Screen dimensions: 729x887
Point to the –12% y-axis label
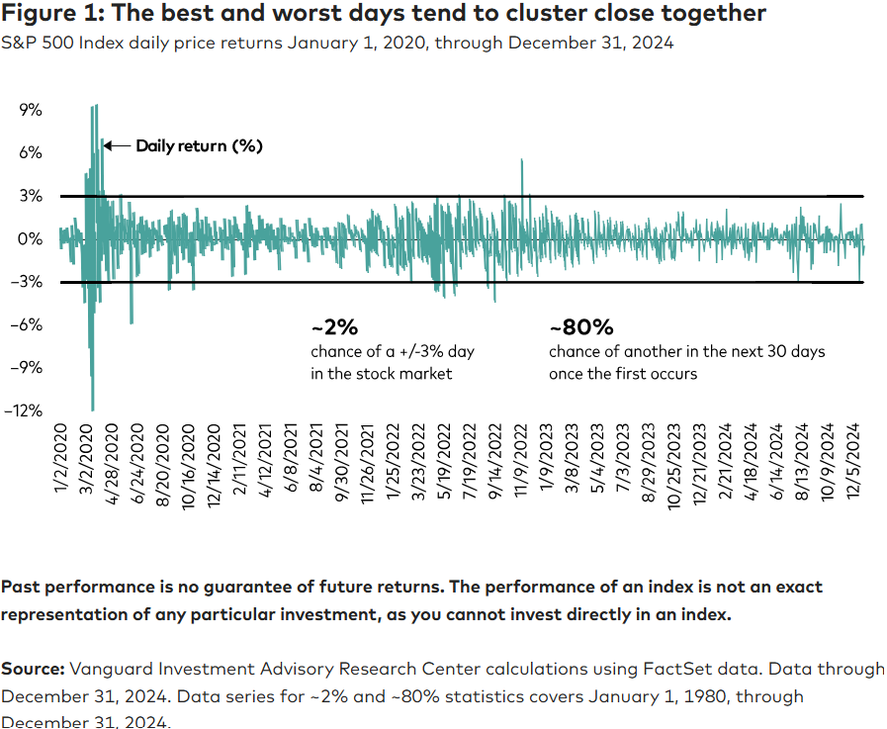coord(27,410)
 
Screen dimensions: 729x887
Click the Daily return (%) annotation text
coord(199,146)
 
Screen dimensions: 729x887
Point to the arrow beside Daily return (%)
coord(117,146)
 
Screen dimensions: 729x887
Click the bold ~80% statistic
coord(581,327)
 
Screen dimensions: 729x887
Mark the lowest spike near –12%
coord(93,409)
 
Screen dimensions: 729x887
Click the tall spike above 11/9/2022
coord(521,161)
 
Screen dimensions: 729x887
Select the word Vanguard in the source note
coord(111,670)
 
